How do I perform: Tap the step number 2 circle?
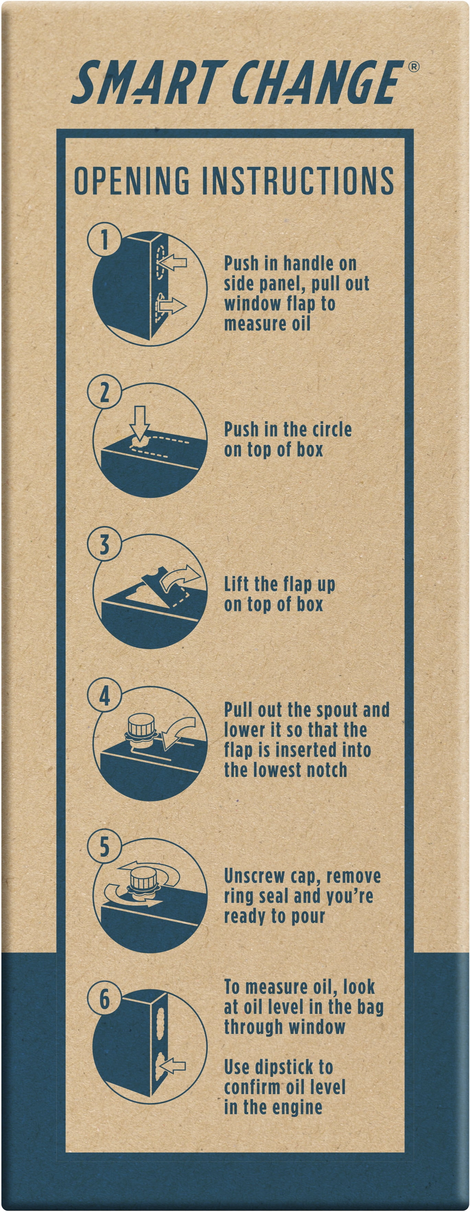coord(104,392)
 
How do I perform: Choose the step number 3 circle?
coord(104,544)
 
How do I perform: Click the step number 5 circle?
coord(104,847)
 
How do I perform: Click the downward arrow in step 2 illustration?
coord(140,423)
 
